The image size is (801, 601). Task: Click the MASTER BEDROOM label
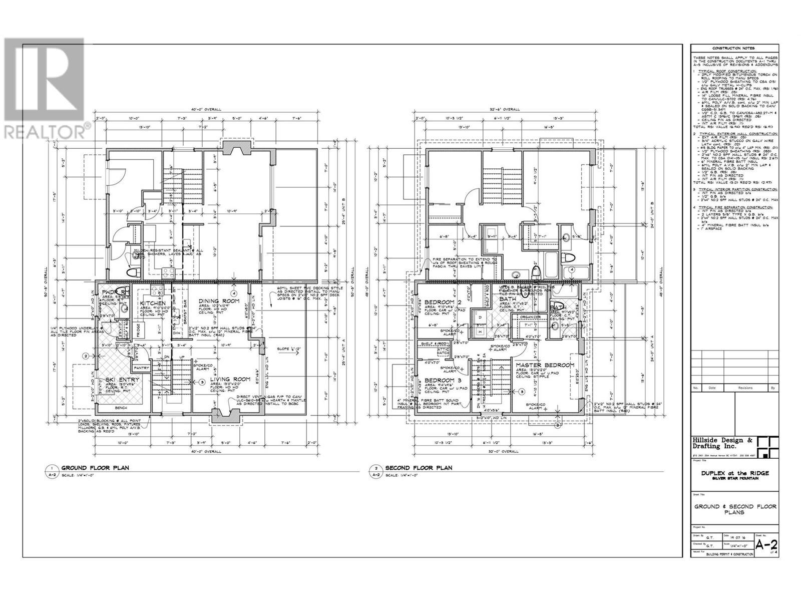(545, 366)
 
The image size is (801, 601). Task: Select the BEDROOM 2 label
(442, 303)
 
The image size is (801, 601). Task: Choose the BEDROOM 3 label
(442, 380)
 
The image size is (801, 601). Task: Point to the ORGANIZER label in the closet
(530, 317)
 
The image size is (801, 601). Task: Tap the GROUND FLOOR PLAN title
(95, 468)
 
